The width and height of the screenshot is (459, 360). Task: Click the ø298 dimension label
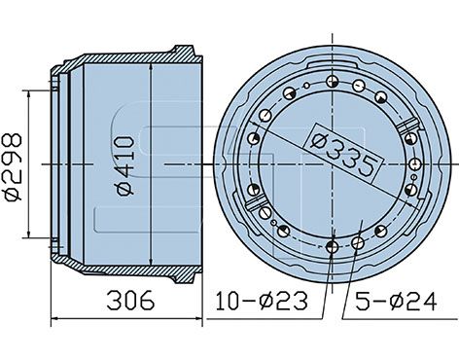(13, 167)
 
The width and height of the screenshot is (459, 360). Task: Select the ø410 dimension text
(125, 166)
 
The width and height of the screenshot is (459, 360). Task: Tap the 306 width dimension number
(130, 300)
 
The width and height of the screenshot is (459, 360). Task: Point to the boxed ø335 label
(343, 153)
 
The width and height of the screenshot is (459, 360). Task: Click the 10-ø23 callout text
(262, 301)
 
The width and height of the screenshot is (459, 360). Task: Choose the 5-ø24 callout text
(396, 301)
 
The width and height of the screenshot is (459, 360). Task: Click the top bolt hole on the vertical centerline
(333, 81)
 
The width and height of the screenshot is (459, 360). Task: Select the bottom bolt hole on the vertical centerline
(333, 247)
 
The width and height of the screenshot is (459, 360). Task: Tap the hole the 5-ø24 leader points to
(358, 242)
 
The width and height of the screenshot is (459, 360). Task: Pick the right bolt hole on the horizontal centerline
(415, 164)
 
